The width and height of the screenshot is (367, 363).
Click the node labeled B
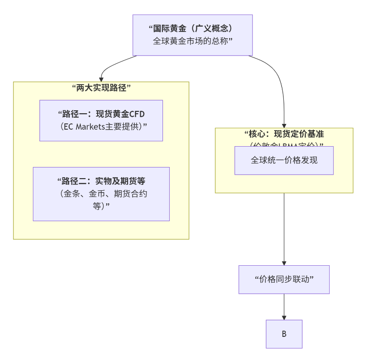pyautogui.click(x=284, y=334)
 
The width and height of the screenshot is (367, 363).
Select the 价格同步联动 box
pyautogui.click(x=284, y=279)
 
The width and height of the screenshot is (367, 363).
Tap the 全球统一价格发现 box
pyautogui.click(x=284, y=160)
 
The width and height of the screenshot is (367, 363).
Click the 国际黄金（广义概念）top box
pyautogui.click(x=192, y=35)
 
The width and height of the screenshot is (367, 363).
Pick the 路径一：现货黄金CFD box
pyautogui.click(x=101, y=121)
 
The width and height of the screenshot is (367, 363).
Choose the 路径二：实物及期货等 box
pyautogui.click(x=101, y=194)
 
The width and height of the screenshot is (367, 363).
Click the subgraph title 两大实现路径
pyautogui.click(x=101, y=88)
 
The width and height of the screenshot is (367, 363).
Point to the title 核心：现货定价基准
pyautogui.click(x=284, y=134)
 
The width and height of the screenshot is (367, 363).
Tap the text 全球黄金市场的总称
pyautogui.click(x=192, y=41)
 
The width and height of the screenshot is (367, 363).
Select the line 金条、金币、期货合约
pyautogui.click(x=101, y=194)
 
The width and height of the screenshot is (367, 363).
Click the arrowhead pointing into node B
pyautogui.click(x=284, y=317)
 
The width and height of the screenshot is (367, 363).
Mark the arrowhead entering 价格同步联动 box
pyautogui.click(x=284, y=262)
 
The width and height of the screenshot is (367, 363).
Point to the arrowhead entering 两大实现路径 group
pyautogui.click(x=101, y=79)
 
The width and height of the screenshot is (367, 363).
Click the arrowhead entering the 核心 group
pyautogui.click(x=284, y=125)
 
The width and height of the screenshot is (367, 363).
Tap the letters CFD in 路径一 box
pyautogui.click(x=137, y=114)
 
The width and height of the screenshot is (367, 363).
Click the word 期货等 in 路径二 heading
pyautogui.click(x=134, y=181)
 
